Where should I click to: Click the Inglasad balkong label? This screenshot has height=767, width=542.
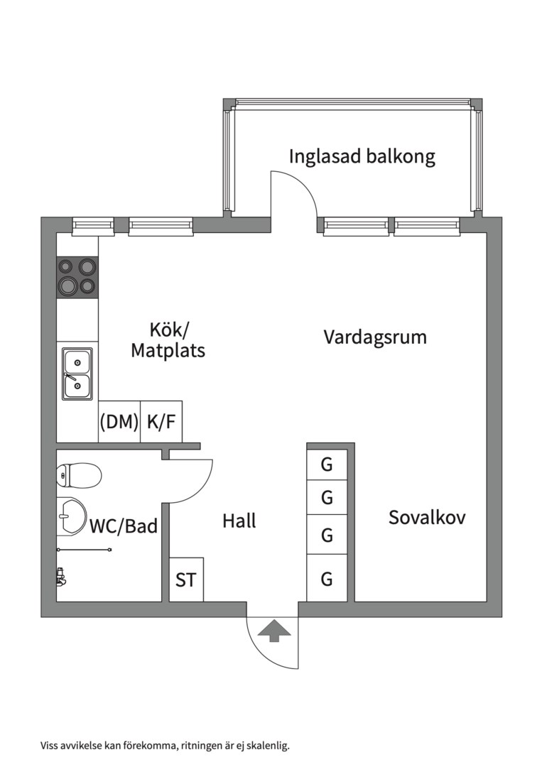pyautogui.click(x=362, y=156)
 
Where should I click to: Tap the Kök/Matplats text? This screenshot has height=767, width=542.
pyautogui.click(x=168, y=339)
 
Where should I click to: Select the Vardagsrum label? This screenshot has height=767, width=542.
pyautogui.click(x=375, y=337)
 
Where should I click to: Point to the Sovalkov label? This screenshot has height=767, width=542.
pyautogui.click(x=427, y=518)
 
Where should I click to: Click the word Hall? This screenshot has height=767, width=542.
pyautogui.click(x=239, y=521)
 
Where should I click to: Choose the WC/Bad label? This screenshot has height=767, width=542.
pyautogui.click(x=124, y=526)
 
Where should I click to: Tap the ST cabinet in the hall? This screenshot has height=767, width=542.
pyautogui.click(x=186, y=580)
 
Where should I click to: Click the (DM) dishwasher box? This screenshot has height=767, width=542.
pyautogui.click(x=119, y=422)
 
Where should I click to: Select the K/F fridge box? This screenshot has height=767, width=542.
pyautogui.click(x=161, y=422)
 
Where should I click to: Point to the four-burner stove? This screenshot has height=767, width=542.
pyautogui.click(x=77, y=276)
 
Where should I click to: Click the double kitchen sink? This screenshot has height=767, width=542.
pyautogui.click(x=77, y=374)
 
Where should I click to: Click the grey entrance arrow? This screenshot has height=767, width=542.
pyautogui.click(x=273, y=630)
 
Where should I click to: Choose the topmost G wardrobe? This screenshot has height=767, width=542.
pyautogui.click(x=327, y=465)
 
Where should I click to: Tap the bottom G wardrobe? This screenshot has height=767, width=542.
pyautogui.click(x=327, y=580)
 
